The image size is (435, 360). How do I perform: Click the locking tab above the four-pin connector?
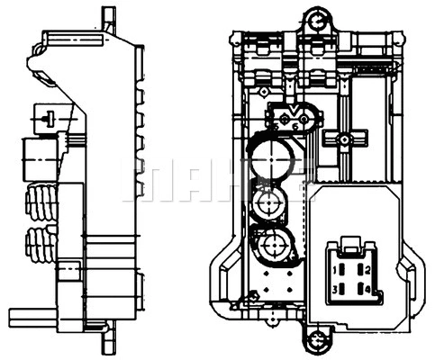(349, 242)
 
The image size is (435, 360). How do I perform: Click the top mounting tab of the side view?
(108, 15)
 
